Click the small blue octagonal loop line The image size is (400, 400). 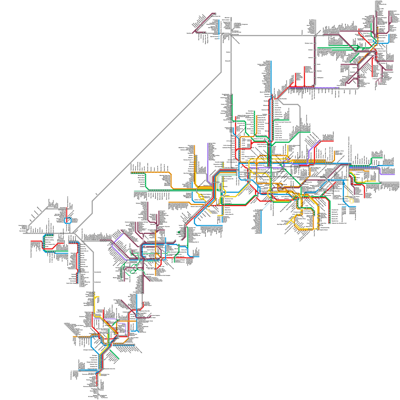coord(68,220)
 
